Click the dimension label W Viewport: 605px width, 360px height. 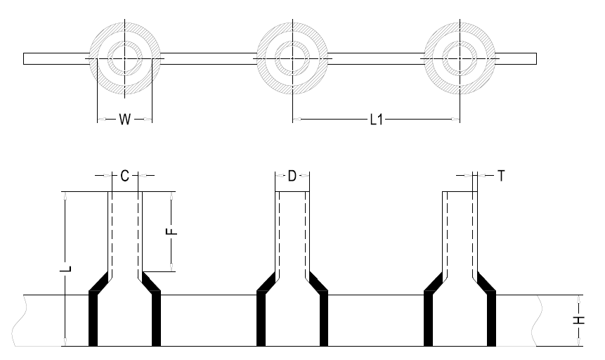[x=124, y=120]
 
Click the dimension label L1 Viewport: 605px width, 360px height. [x=376, y=120]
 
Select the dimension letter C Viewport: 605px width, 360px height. [x=124, y=176]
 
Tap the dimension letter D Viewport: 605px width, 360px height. [x=292, y=176]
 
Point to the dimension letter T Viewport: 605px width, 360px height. [x=501, y=176]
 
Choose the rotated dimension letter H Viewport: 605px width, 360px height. [x=579, y=320]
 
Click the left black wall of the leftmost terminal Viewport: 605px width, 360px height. [x=93, y=320]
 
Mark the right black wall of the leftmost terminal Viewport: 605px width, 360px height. [x=156, y=320]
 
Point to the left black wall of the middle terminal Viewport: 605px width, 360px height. [x=261, y=320]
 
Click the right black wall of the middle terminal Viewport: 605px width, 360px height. [x=324, y=320]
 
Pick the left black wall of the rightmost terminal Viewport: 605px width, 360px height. [x=429, y=320]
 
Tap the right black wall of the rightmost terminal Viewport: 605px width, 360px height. [x=492, y=320]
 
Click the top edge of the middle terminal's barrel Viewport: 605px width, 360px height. [x=292, y=192]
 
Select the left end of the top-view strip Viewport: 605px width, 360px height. [x=25, y=58]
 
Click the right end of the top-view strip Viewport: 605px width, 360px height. [x=537, y=58]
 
